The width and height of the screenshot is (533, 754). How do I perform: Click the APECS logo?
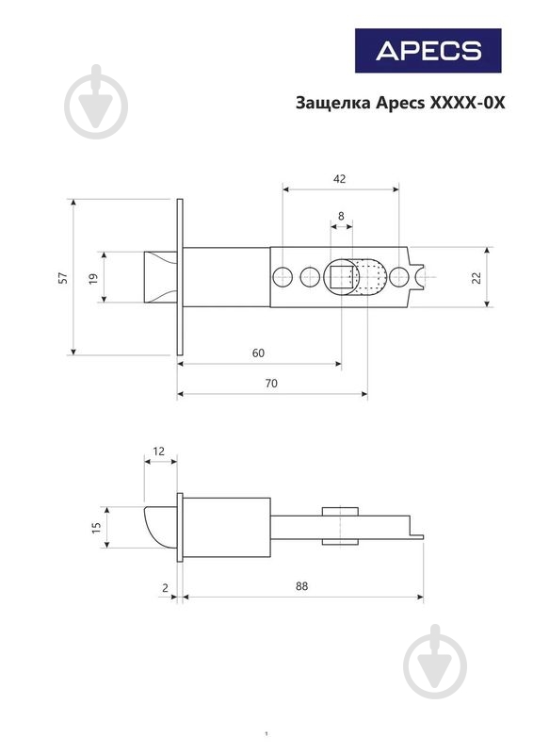(428, 51)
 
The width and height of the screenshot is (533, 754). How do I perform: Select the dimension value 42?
(339, 179)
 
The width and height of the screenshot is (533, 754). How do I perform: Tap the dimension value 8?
(341, 216)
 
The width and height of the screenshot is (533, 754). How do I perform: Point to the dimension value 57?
(63, 278)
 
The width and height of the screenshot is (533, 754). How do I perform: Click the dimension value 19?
(94, 278)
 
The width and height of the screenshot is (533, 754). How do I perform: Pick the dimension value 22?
(476, 277)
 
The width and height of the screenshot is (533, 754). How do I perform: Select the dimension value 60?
(258, 352)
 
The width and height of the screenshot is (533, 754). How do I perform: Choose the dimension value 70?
(271, 384)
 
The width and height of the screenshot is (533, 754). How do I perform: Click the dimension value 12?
(158, 451)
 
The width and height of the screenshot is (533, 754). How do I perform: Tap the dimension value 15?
(97, 527)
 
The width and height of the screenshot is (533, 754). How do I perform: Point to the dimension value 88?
(302, 586)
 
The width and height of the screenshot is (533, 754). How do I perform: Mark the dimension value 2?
(166, 588)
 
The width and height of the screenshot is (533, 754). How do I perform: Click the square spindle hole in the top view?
(342, 277)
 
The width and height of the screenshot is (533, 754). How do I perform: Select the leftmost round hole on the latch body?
(283, 277)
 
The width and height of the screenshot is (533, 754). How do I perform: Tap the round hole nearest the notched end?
(399, 277)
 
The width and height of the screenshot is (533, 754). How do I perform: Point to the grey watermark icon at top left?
(96, 102)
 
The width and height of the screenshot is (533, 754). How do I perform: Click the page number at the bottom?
(266, 734)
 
